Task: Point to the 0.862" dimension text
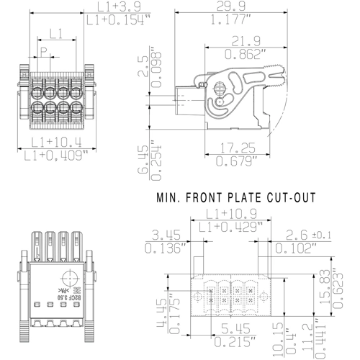[x=243, y=54]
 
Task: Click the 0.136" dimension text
[x=165, y=248]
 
